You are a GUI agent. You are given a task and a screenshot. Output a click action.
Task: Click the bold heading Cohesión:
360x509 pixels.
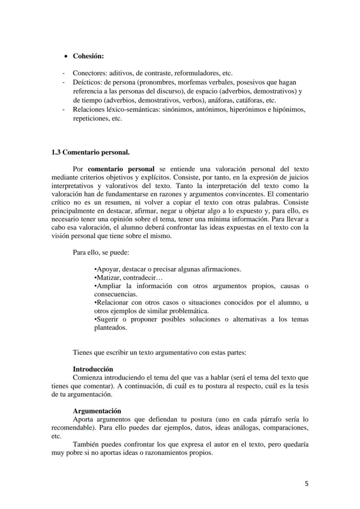point(88,57)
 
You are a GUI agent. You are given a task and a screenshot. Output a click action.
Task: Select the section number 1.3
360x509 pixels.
point(56,153)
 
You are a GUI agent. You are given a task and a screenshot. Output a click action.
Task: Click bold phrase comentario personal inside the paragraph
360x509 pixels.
point(121,169)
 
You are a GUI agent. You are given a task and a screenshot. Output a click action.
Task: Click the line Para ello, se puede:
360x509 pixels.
point(101,252)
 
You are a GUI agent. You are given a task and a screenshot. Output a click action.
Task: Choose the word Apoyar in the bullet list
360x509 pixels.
point(107,269)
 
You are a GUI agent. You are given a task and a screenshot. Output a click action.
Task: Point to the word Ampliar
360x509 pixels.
point(109,286)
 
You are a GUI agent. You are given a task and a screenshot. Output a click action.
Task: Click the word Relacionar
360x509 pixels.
point(113,303)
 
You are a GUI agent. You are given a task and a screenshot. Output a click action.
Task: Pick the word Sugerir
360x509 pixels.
point(108,319)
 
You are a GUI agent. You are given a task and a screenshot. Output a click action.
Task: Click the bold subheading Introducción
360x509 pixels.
point(93,369)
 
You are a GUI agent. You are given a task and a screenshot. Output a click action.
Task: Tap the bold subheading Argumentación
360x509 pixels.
point(97,411)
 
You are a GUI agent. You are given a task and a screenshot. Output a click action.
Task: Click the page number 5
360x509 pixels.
point(307,483)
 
